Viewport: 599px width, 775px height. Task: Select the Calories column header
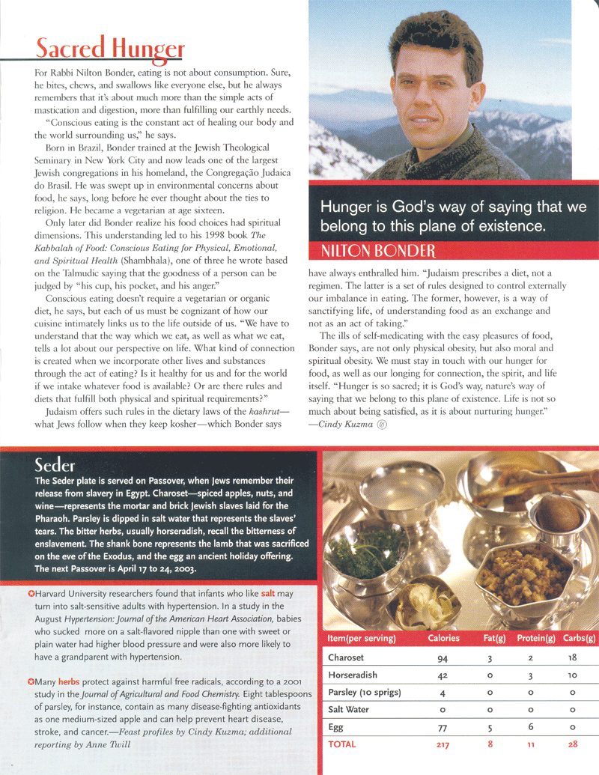coord(443,638)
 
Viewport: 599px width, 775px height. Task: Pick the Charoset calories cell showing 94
coord(443,659)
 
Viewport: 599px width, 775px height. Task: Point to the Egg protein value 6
coord(530,727)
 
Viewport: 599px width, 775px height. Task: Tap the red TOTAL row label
coord(343,744)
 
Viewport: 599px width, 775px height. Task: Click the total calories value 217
coord(443,744)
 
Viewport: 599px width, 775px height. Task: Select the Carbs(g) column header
coord(579,638)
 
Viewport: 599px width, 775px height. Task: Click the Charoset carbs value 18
coord(573,659)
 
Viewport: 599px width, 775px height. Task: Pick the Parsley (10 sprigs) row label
coord(364,693)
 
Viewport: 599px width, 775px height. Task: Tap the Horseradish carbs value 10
coord(573,675)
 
